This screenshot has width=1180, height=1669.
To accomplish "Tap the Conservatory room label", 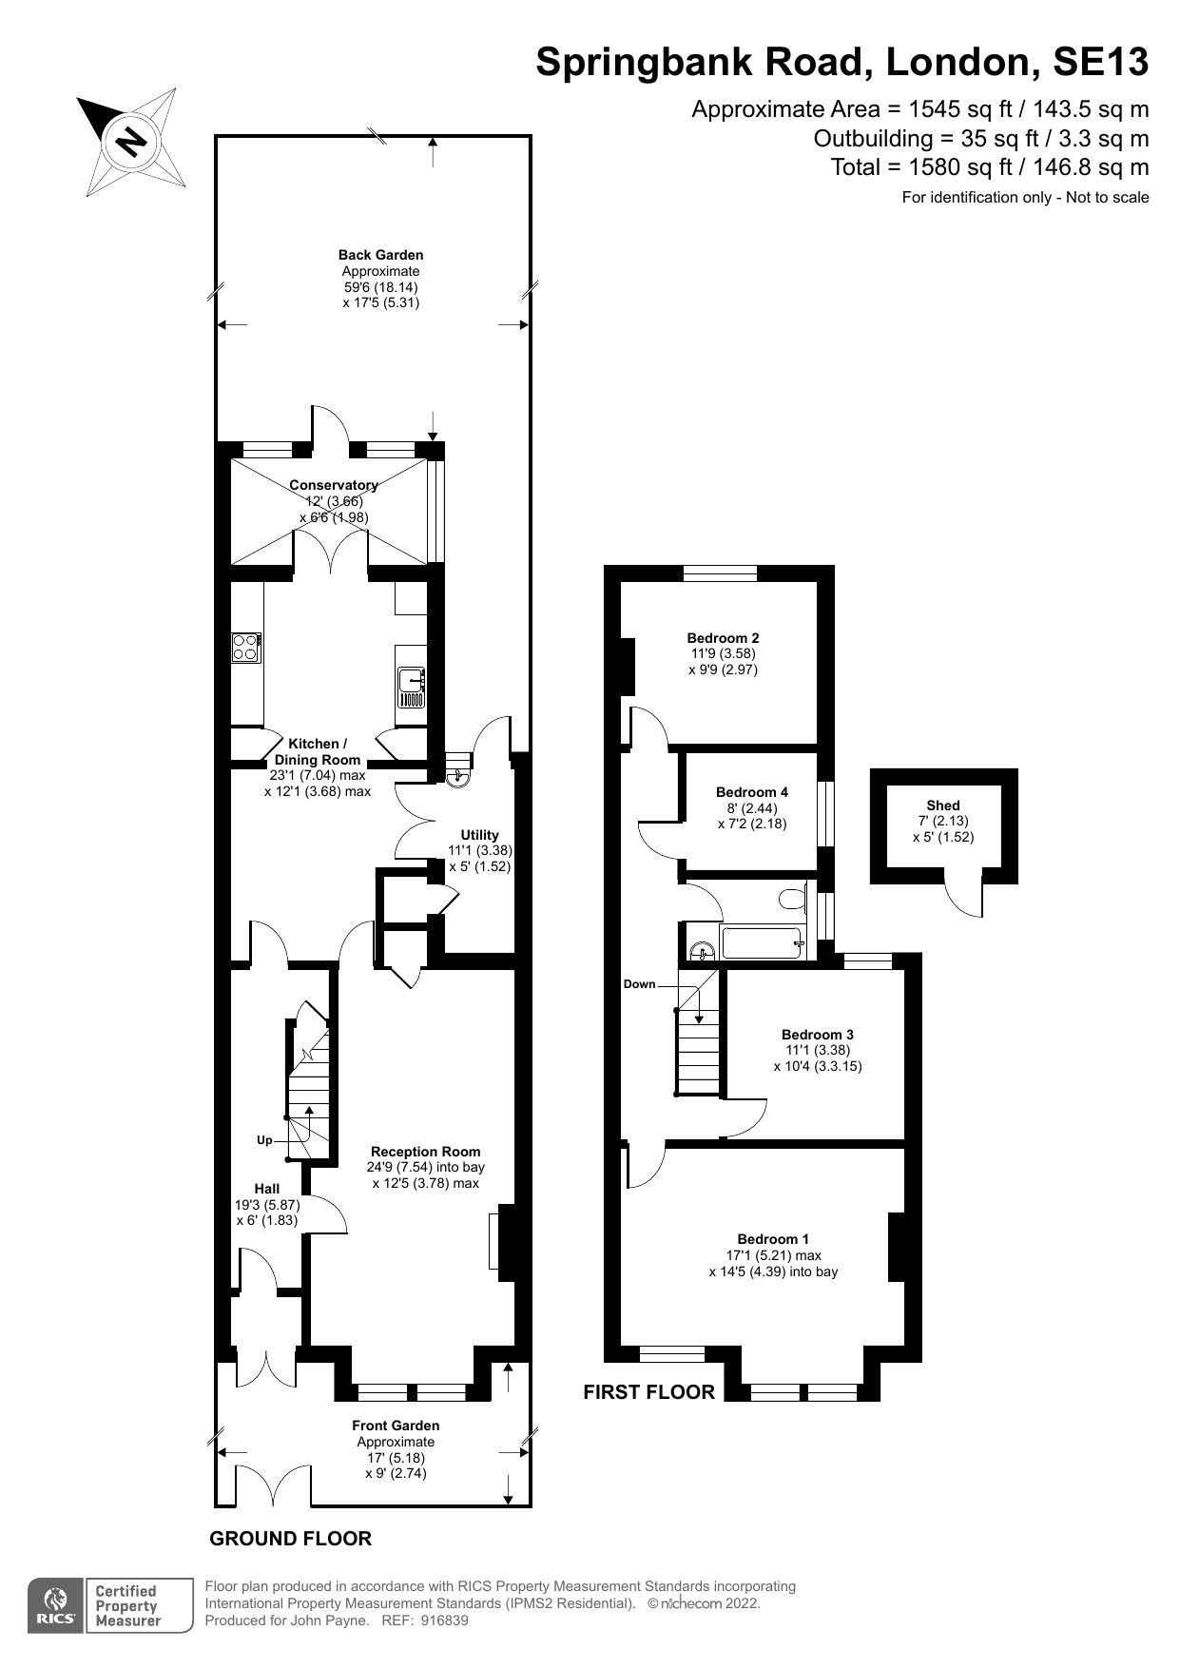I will tap(334, 485).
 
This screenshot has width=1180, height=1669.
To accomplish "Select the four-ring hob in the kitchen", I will tap(245, 647).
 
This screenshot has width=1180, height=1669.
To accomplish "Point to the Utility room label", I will tap(479, 835).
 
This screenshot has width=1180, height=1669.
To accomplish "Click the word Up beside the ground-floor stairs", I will tap(264, 1139).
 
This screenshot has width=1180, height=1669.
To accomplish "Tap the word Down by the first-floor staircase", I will tap(639, 984).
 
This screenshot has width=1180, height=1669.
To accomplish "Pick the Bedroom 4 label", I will tap(751, 792).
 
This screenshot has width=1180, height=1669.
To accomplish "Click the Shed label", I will tap(943, 805).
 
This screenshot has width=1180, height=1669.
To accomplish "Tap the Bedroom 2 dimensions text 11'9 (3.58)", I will tap(724, 654).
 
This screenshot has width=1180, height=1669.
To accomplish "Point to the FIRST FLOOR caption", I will tap(648, 1392).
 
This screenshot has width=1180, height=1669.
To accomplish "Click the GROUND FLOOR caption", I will tap(290, 1539).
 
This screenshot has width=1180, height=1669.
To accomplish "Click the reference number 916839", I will tap(442, 1621).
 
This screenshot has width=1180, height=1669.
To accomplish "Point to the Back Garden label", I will tap(380, 255).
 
